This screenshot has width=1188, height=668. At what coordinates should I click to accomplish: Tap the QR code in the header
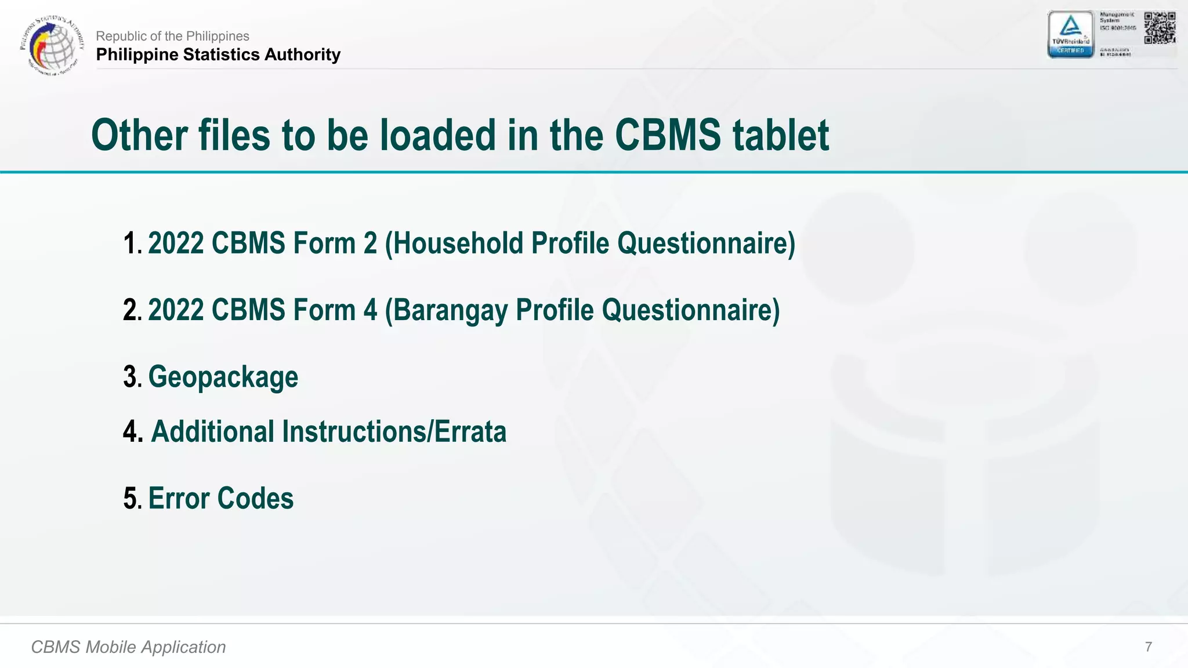click(1159, 28)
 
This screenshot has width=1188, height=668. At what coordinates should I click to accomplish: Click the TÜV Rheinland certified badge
click(1070, 35)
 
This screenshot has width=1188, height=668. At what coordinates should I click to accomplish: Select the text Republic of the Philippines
click(172, 36)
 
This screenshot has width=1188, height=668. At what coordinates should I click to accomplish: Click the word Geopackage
click(223, 377)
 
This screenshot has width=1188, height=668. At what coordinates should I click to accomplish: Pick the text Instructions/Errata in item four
click(394, 432)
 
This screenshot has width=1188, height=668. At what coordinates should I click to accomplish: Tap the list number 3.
click(131, 377)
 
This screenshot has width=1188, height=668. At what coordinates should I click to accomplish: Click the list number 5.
click(131, 499)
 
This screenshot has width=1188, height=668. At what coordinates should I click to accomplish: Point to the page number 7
click(1148, 647)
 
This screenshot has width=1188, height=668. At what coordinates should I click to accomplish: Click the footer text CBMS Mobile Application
click(128, 647)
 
